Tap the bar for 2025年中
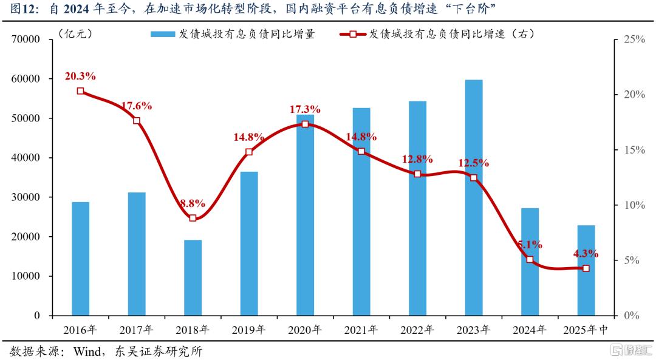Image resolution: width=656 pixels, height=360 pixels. pyautogui.click(x=586, y=270)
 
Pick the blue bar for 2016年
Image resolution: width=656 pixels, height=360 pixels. pyautogui.click(x=81, y=259)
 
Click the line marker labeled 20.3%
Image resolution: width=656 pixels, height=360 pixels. pyautogui.click(x=81, y=91)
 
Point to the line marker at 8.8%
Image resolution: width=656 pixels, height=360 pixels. pyautogui.click(x=193, y=218)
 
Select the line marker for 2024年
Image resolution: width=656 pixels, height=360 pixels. pyautogui.click(x=530, y=259)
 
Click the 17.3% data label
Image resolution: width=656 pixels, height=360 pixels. pyautogui.click(x=305, y=110)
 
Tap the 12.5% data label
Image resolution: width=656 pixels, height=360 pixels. pyautogui.click(x=473, y=163)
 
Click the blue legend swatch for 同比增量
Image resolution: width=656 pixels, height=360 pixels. pyautogui.click(x=162, y=35)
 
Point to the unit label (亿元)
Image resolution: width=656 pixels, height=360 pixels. pyautogui.click(x=76, y=34)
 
